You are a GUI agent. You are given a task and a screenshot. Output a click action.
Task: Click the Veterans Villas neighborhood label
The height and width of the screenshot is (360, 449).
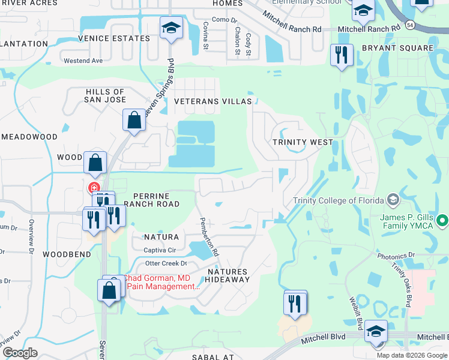pos(213,101)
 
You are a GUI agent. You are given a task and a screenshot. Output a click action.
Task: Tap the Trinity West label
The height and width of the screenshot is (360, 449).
pos(303,142)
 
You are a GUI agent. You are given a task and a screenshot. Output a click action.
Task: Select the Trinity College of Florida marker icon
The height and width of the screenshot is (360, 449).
pos(393,199)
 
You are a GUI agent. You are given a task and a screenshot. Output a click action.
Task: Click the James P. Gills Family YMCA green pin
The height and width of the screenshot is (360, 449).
pos(443,221)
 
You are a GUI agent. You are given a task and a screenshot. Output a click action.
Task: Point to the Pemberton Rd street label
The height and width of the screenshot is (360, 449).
pos(209,238)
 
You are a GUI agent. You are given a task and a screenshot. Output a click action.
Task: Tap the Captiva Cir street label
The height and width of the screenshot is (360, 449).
pos(159,250)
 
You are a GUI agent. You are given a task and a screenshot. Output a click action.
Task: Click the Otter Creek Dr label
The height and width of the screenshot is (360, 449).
pos(166,263)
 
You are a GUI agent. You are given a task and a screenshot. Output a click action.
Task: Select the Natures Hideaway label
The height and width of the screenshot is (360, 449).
pos(228,275)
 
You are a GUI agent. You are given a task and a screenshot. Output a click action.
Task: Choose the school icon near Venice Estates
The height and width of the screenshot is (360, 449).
pos(171,28)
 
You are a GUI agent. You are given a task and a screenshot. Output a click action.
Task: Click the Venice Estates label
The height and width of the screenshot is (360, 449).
pos(113,38)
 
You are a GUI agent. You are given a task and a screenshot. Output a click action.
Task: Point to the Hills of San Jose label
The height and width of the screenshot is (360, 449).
pos(105,95)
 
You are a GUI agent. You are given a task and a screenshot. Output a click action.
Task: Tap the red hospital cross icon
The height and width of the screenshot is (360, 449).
pos(94,188)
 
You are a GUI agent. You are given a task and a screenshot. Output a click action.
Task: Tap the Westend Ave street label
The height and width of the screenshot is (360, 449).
pos(83,61)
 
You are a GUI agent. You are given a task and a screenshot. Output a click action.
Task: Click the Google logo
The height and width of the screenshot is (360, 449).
pos(20,353)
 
